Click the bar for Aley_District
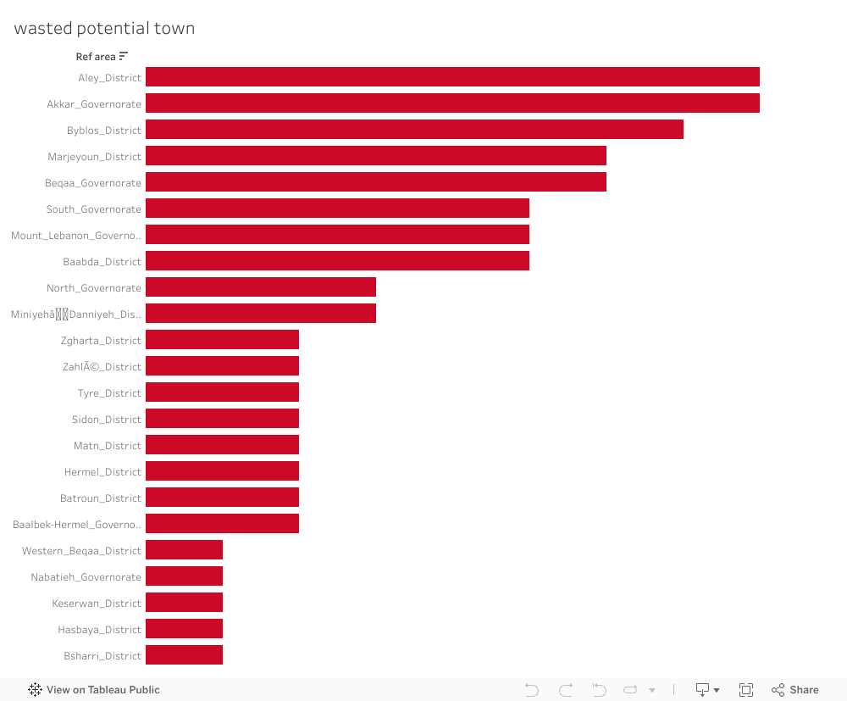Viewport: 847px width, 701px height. click(x=452, y=77)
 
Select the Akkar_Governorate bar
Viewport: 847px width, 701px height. click(x=452, y=103)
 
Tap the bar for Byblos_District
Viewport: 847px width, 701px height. click(x=414, y=130)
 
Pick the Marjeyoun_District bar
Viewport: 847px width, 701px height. click(x=376, y=156)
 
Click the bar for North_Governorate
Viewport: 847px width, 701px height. click(x=261, y=287)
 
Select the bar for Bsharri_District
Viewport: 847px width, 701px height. click(x=184, y=655)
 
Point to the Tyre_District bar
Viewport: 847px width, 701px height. click(x=222, y=392)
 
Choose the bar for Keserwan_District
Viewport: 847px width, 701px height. click(x=184, y=603)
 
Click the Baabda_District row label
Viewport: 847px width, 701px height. click(x=102, y=262)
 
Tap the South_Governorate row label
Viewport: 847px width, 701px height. click(x=93, y=209)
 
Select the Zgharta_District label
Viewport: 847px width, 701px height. click(x=101, y=341)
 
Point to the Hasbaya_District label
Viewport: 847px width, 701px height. click(x=99, y=630)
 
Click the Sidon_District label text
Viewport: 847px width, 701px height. click(x=107, y=420)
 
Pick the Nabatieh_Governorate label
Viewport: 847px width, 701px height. click(x=86, y=577)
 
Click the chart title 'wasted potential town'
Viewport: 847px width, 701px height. click(x=104, y=29)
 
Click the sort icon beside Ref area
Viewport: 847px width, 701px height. click(x=124, y=57)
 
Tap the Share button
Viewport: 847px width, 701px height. click(x=795, y=690)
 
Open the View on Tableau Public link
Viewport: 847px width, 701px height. click(x=94, y=690)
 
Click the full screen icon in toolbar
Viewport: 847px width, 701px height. click(x=746, y=690)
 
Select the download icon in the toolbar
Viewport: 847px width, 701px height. click(x=703, y=690)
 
